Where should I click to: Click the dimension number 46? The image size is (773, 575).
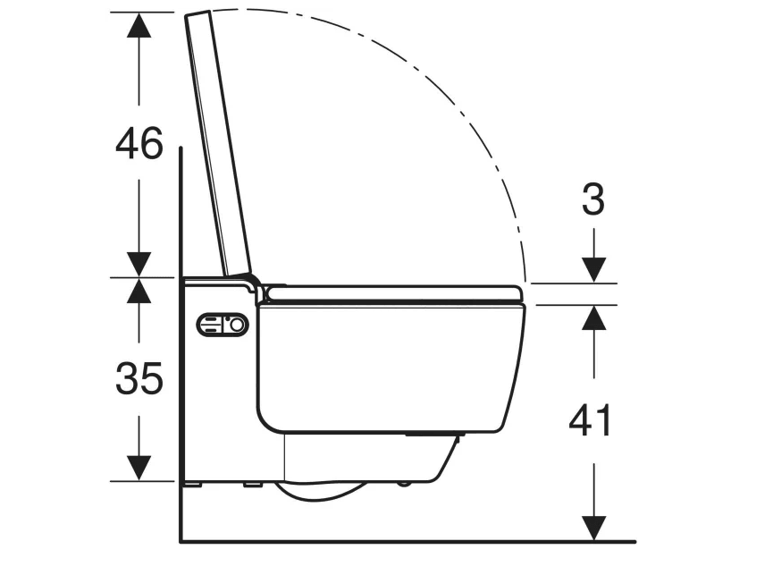pos(139,143)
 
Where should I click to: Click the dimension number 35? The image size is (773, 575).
pos(139,378)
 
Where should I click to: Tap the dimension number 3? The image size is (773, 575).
pos(593,199)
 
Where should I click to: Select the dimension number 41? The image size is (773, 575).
pos(590,420)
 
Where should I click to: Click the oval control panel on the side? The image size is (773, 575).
pos(223,325)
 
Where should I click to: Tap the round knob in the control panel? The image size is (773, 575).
pos(237,325)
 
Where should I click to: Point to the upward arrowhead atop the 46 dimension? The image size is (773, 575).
pos(139,25)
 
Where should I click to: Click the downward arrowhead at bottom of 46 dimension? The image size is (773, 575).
pos(139,265)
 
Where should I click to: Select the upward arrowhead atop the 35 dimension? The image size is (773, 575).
pos(139,291)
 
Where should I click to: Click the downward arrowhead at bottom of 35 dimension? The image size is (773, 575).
pos(139,468)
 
